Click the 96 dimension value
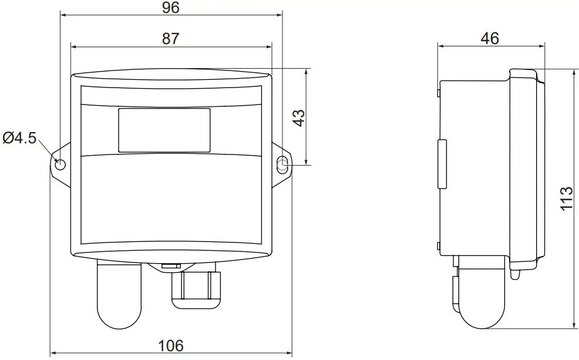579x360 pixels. (170, 8)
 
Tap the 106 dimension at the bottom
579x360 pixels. (171, 345)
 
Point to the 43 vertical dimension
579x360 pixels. (299, 117)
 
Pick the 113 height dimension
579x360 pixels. (565, 199)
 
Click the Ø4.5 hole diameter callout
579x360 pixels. (19, 138)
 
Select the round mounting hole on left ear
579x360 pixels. (59, 164)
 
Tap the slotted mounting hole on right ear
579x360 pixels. (282, 164)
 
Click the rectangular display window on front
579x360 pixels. (164, 130)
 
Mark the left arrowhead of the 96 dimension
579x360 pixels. (63, 16)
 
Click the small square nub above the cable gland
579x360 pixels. (170, 267)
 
